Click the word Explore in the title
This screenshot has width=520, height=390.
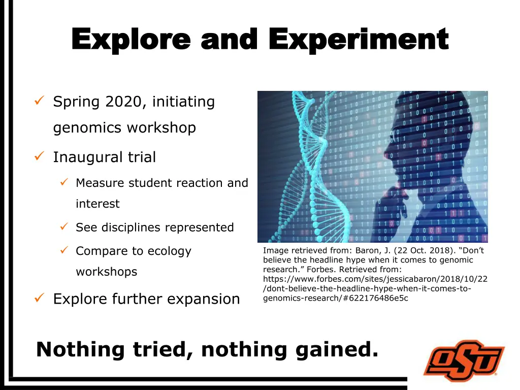(131, 40)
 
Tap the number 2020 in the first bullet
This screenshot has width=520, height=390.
(124, 102)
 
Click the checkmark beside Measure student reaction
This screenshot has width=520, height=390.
(64, 182)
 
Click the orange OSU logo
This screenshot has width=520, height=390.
(464, 361)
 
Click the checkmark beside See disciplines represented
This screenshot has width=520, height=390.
(64, 226)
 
